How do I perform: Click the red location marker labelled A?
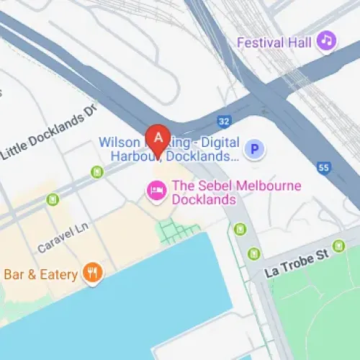(x=158, y=137)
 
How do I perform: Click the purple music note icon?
(x=327, y=40)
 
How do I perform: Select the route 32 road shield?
(x=225, y=122)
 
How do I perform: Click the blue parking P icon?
(x=253, y=150)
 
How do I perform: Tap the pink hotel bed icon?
(x=155, y=191)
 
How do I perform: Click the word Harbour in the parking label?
(x=135, y=156)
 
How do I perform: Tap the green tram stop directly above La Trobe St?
(x=253, y=253)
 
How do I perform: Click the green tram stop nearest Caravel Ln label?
(x=53, y=199)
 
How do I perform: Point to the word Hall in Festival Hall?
(x=300, y=42)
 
